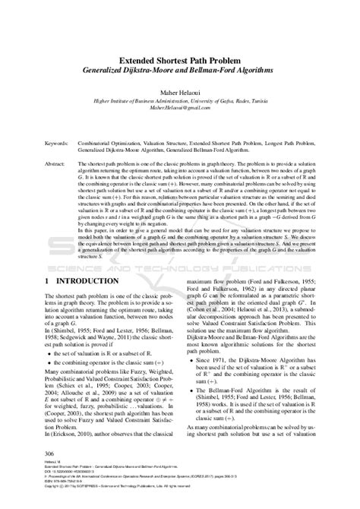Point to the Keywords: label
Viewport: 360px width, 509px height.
point(38,142)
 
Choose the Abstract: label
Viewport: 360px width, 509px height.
point(36,163)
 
